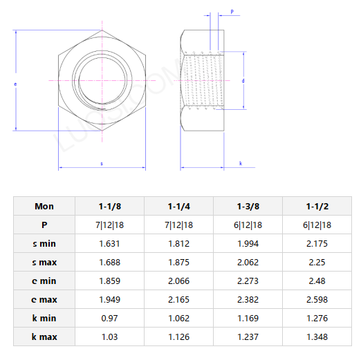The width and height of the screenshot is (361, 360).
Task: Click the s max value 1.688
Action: pyautogui.click(x=109, y=263)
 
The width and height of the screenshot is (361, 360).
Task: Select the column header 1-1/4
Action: pyautogui.click(x=179, y=206)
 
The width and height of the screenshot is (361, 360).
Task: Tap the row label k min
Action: pyautogui.click(x=44, y=319)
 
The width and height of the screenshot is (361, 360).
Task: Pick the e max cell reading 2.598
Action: pyautogui.click(x=317, y=300)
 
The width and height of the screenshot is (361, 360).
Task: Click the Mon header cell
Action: pyautogui.click(x=44, y=206)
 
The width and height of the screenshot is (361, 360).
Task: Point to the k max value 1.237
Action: pyautogui.click(x=248, y=337)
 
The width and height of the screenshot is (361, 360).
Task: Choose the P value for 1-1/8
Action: pyautogui.click(x=109, y=225)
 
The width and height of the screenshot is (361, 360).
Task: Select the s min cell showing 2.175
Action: pyautogui.click(x=317, y=244)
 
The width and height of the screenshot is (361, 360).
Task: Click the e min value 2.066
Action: pyautogui.click(x=179, y=281)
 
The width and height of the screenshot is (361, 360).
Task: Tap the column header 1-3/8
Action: pyautogui.click(x=248, y=206)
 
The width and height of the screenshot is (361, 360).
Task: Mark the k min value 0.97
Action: pyautogui.click(x=109, y=319)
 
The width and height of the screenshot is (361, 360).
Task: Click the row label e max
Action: pyautogui.click(x=44, y=300)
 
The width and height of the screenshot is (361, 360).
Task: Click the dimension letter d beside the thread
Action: pyautogui.click(x=243, y=81)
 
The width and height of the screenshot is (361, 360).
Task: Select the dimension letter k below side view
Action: pyautogui.click(x=240, y=163)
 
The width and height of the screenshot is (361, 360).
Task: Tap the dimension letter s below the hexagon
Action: pyautogui.click(x=102, y=163)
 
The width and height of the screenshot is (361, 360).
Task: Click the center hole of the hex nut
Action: pyautogui.click(x=102, y=80)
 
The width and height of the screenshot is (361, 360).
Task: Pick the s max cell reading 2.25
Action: pyautogui.click(x=317, y=263)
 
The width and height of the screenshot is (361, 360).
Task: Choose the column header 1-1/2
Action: pyautogui.click(x=317, y=206)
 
